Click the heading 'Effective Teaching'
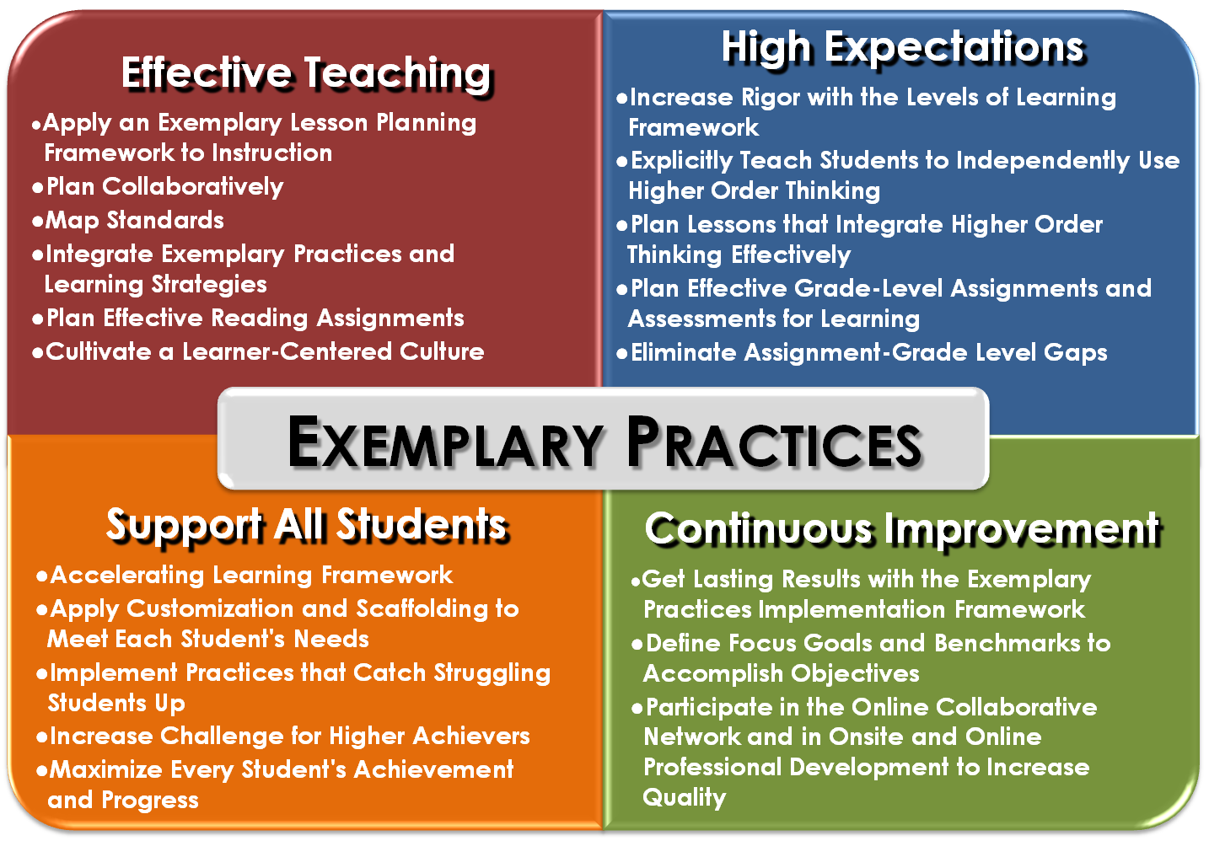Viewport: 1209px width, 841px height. (x=307, y=74)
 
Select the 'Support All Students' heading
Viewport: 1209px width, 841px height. (x=307, y=526)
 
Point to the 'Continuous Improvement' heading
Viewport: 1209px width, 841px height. (x=902, y=530)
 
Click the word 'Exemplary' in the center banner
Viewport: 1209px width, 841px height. (x=446, y=442)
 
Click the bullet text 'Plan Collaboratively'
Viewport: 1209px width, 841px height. (x=164, y=187)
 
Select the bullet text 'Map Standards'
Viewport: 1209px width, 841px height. (x=134, y=221)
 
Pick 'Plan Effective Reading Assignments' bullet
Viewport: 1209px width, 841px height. (x=255, y=319)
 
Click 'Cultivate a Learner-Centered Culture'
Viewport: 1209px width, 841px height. (x=265, y=351)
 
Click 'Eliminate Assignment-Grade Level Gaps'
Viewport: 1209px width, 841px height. (x=869, y=353)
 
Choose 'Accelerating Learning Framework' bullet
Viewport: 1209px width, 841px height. (x=251, y=576)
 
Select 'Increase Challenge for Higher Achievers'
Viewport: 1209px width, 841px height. (x=290, y=737)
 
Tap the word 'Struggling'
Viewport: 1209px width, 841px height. (x=492, y=674)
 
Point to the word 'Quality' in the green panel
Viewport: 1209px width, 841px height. (x=685, y=798)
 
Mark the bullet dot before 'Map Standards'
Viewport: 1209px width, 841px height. (x=37, y=222)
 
